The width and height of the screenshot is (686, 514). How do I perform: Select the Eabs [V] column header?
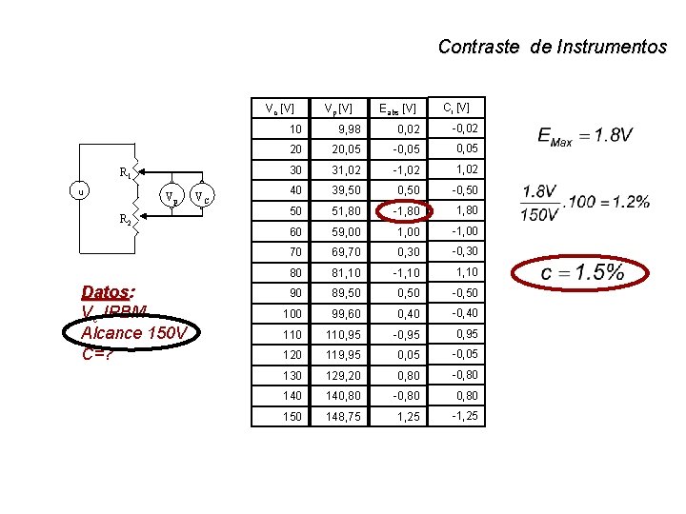pyautogui.click(x=397, y=109)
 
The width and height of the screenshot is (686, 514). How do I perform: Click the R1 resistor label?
pyautogui.click(x=125, y=173)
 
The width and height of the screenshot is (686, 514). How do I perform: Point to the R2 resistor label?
pyautogui.click(x=125, y=219)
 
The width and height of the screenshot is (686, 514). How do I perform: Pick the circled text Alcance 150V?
pyautogui.click(x=139, y=333)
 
